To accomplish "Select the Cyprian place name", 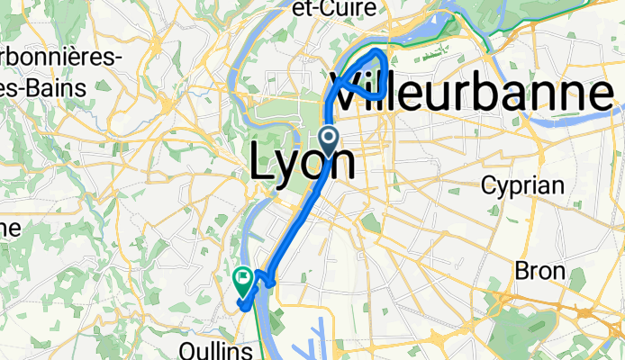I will [522, 186].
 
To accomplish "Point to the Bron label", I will [539, 270].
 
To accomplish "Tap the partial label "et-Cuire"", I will [334, 9].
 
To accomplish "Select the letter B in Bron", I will [521, 270].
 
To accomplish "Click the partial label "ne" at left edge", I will [10, 228].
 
